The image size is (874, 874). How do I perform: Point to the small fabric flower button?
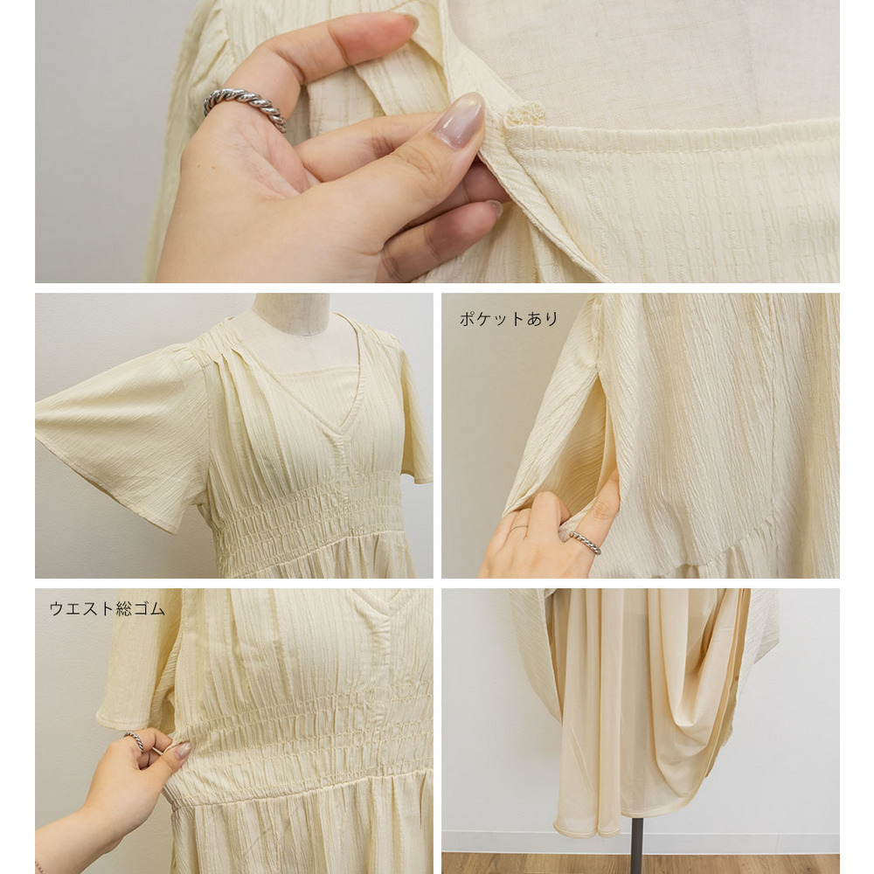click(x=524, y=114)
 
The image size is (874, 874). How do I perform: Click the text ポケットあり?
click(x=509, y=319)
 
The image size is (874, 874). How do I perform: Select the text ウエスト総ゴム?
click(x=107, y=608)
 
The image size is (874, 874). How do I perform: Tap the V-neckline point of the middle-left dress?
click(x=338, y=436)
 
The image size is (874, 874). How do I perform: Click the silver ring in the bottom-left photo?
click(x=135, y=741)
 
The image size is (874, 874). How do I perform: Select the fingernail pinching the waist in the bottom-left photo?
click(x=181, y=750)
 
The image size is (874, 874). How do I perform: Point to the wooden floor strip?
click(x=641, y=863)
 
